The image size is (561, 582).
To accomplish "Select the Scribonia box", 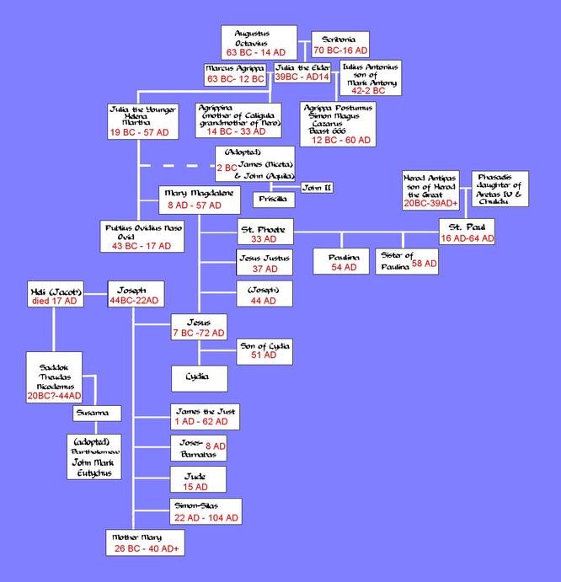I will point(339,45).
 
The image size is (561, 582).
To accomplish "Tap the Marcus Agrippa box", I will point(236,74).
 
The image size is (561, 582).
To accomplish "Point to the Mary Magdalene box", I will point(195,199).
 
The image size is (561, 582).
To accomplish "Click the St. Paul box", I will point(466,232).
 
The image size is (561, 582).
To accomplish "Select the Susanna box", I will point(96,414).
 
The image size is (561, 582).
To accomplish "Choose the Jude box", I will point(195,481).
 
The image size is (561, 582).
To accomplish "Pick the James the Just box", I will point(203,414).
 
